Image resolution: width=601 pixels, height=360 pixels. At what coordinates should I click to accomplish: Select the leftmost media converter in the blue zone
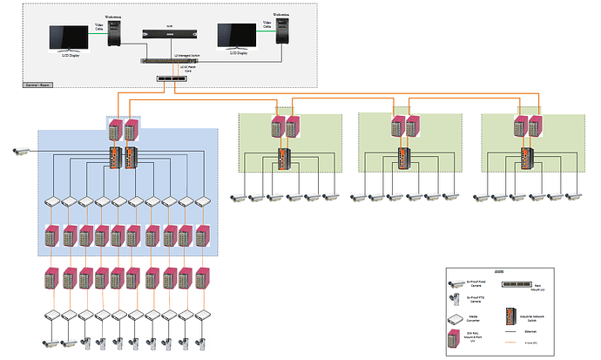pos(52,200)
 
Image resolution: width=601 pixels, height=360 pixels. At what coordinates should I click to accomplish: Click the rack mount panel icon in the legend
pos(521,284)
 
